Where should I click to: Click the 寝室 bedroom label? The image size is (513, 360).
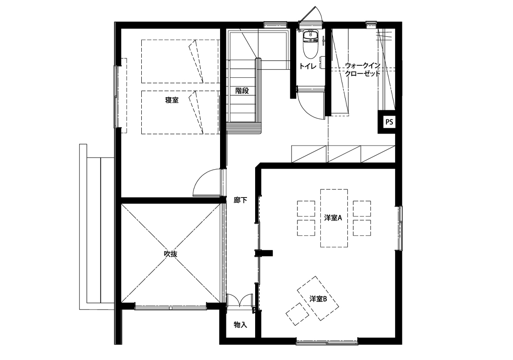pyautogui.click(x=172, y=100)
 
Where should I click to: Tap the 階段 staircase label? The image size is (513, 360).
pyautogui.click(x=242, y=91)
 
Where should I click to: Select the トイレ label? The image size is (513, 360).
pyautogui.click(x=308, y=66)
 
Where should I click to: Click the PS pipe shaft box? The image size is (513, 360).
pyautogui.click(x=389, y=122)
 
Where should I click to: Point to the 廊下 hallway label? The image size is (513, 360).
pyautogui.click(x=240, y=200)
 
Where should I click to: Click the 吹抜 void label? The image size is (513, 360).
pyautogui.click(x=171, y=254)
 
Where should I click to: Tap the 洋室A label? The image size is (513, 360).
pyautogui.click(x=333, y=218)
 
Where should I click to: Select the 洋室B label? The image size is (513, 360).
pyautogui.click(x=318, y=299)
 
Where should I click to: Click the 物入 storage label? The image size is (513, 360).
pyautogui.click(x=240, y=324)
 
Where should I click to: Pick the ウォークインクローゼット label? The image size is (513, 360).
pyautogui.click(x=363, y=69)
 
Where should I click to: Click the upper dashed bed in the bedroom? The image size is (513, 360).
pyautogui.click(x=180, y=62)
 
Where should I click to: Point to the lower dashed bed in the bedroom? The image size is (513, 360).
pyautogui.click(x=180, y=112)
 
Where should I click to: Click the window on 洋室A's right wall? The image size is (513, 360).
pyautogui.click(x=400, y=229)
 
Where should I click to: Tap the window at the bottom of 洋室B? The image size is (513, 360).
pyautogui.click(x=327, y=342)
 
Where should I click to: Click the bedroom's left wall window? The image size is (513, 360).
pyautogui.click(x=116, y=97)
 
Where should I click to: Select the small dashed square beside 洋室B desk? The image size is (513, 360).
pyautogui.click(x=297, y=314)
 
